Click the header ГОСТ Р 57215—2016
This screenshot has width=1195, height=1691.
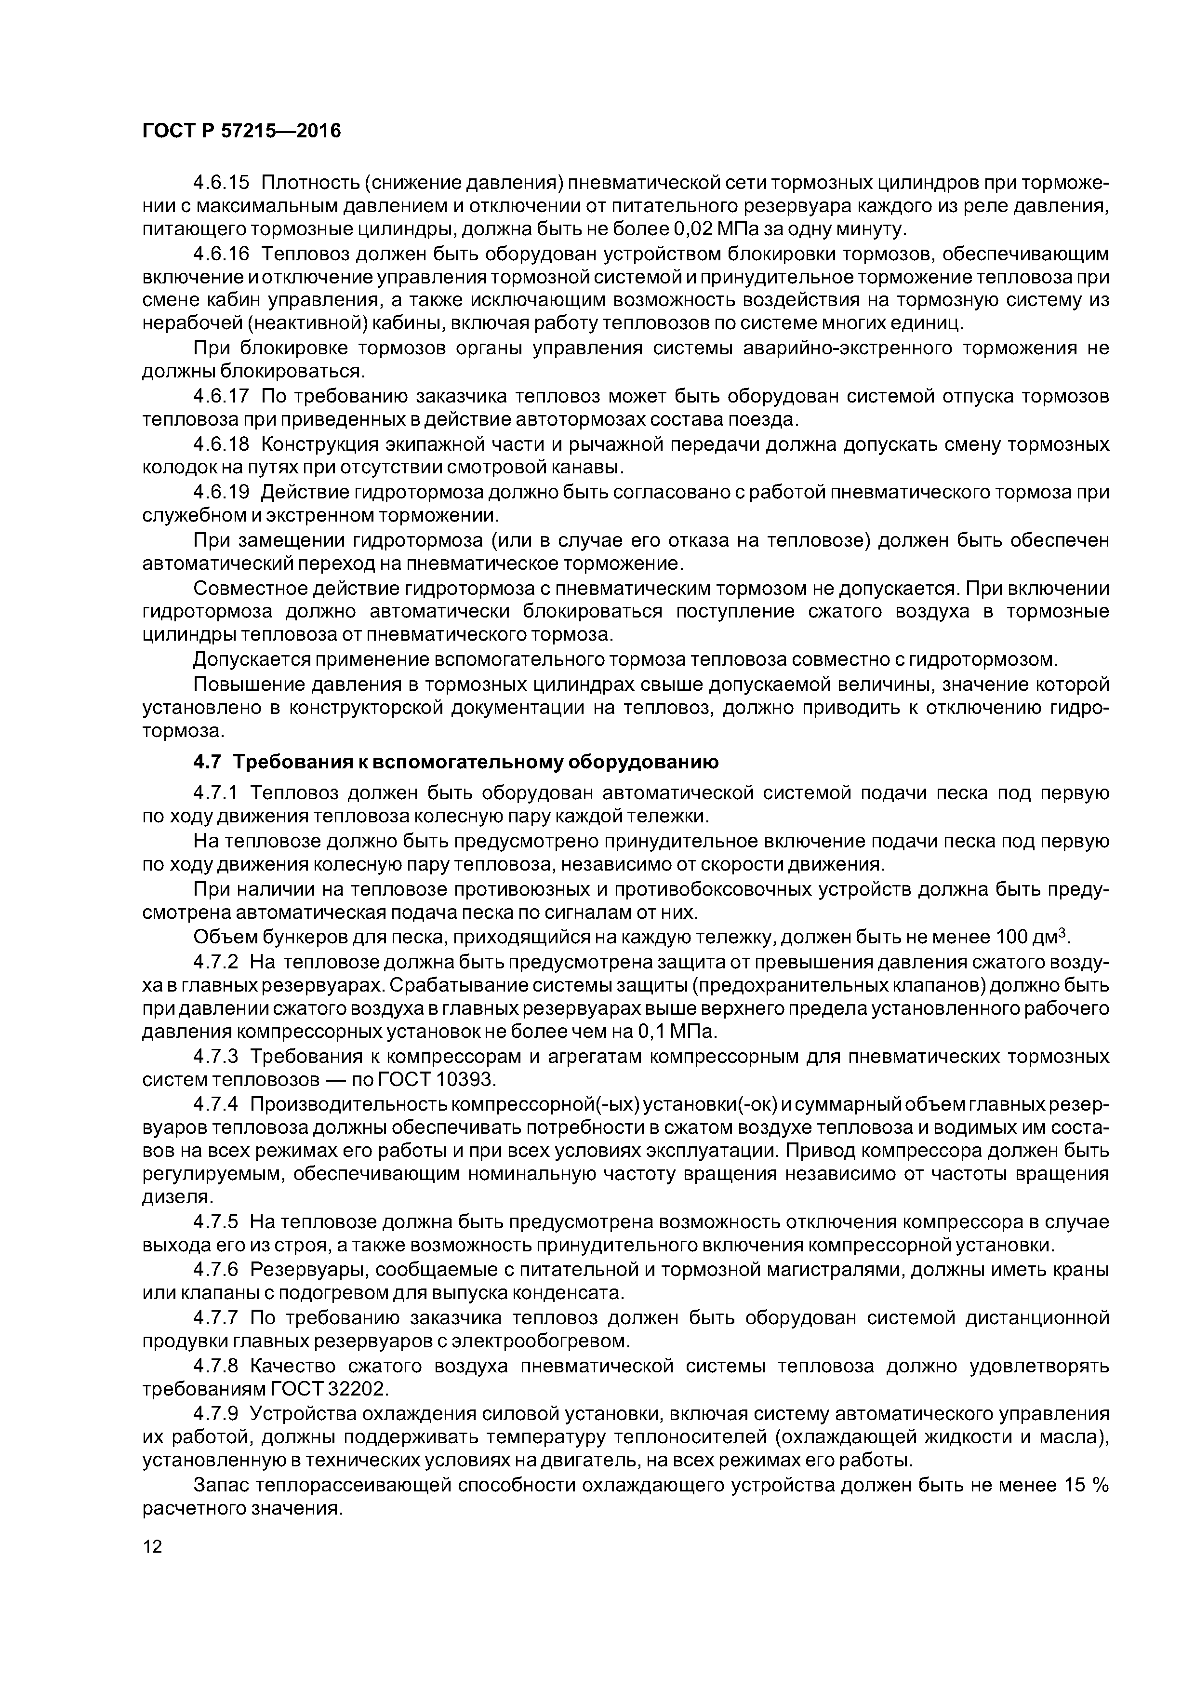click(x=241, y=131)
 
